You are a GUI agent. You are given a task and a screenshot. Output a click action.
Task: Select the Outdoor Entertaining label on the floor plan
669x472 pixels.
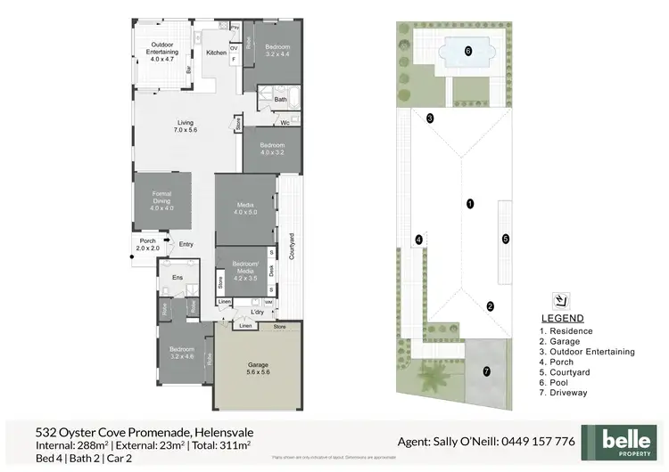pyautogui.click(x=161, y=49)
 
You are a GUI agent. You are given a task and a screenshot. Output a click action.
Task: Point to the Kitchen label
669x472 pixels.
pyautogui.click(x=217, y=53)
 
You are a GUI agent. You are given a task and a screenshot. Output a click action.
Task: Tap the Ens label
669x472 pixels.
pyautogui.click(x=176, y=277)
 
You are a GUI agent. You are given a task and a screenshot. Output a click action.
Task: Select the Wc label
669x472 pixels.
pyautogui.click(x=284, y=123)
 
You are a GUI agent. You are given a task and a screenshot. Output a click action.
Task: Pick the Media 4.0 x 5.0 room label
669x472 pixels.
pyautogui.click(x=245, y=208)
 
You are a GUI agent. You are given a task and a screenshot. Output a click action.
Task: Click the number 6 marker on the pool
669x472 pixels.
pyautogui.click(x=468, y=51)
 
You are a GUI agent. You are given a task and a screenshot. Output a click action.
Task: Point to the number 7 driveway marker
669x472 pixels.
pyautogui.click(x=486, y=370)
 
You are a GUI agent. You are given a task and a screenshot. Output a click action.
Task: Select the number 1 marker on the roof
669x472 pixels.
pyautogui.click(x=470, y=204)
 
